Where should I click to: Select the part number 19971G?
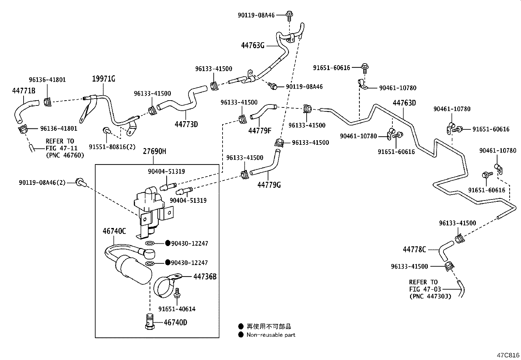coord(103,79)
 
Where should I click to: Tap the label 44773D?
coord(186,124)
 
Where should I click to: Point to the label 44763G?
coord(253,46)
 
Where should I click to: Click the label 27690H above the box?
coord(154,151)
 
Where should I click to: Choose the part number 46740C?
coord(114,231)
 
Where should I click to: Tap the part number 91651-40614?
coord(177,309)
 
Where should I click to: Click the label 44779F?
coord(260,131)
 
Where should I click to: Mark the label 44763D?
coord(404,103)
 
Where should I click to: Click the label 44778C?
coord(414,250)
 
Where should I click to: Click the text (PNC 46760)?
coord(65,155)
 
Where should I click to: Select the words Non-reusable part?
coord(271,335)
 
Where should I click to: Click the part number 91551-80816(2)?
coord(112,147)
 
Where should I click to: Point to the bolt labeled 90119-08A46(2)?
coord(81,182)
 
